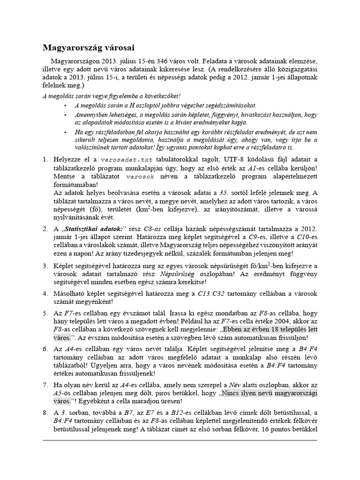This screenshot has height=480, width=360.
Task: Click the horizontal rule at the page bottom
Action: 180,441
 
